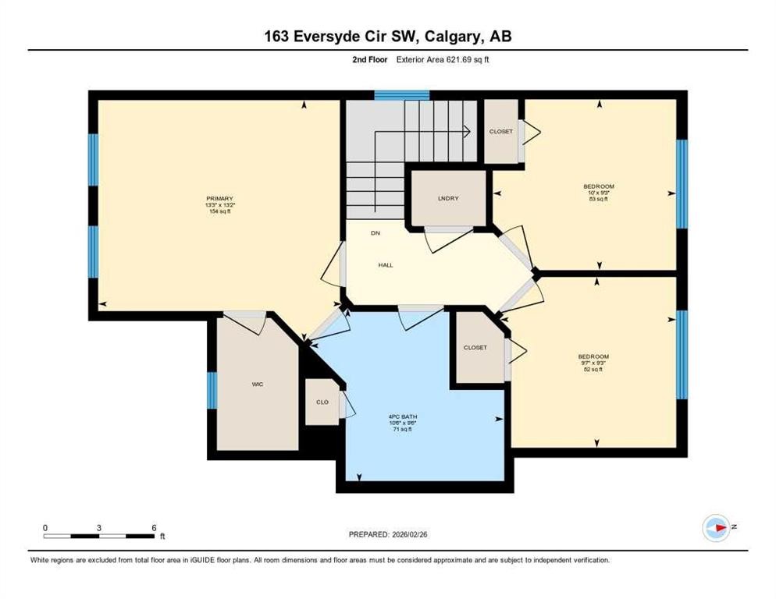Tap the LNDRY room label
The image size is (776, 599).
(448, 198)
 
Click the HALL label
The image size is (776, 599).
(385, 265)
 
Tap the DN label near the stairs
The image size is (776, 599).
(374, 233)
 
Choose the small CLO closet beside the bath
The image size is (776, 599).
(322, 402)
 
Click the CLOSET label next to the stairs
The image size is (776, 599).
(501, 131)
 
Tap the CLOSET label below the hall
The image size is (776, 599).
(475, 347)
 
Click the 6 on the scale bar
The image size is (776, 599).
(155, 527)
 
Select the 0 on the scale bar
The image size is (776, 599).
(45, 527)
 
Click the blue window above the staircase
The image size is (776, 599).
(401, 95)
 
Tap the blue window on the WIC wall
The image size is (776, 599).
(212, 390)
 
